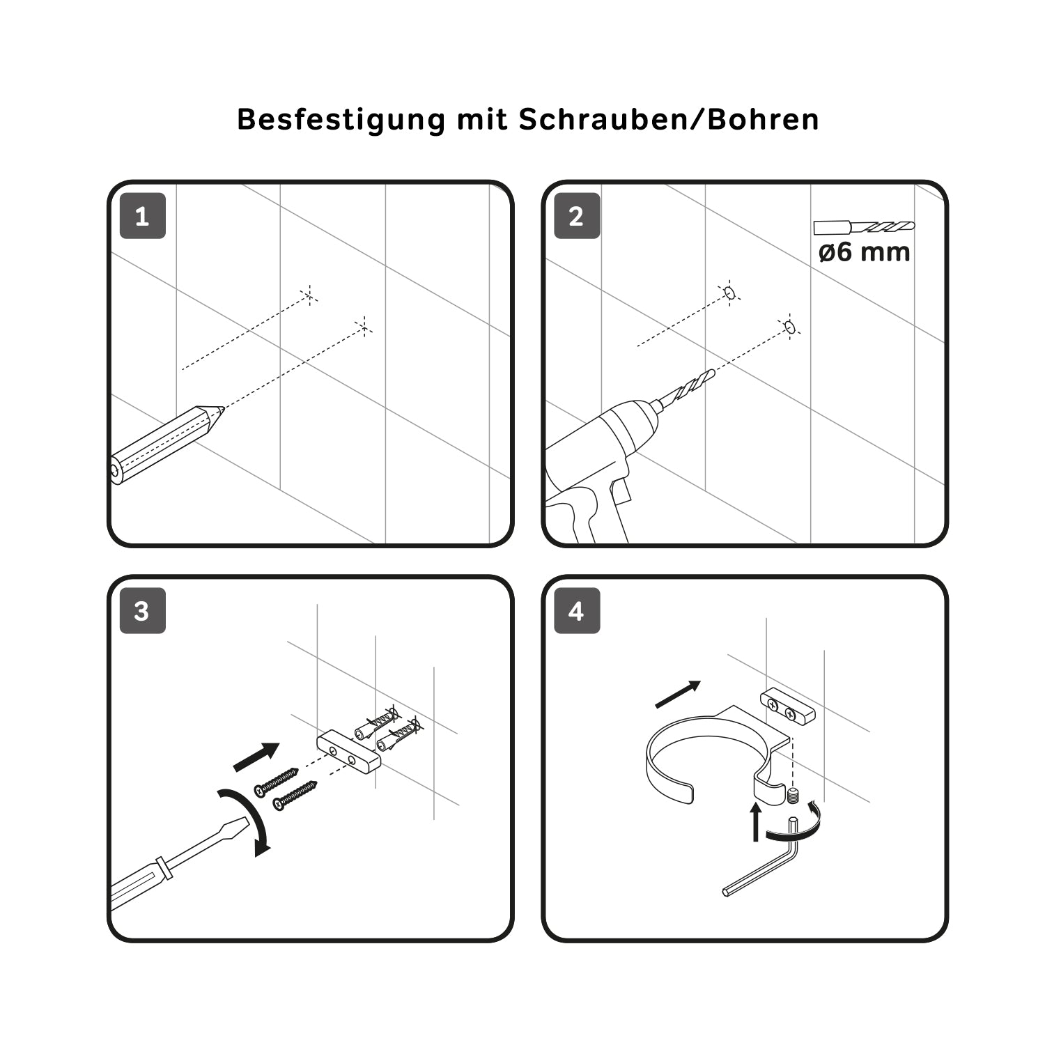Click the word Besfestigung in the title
(341, 120)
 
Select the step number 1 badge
(143, 216)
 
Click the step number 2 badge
(577, 216)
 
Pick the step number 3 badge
(143, 611)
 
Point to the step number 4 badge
(577, 611)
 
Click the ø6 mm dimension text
(864, 251)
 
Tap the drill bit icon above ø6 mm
(864, 227)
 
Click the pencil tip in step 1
(222, 410)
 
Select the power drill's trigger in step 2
(621, 492)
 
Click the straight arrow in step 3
(256, 757)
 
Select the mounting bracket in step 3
(349, 750)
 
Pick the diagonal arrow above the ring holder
(678, 695)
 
